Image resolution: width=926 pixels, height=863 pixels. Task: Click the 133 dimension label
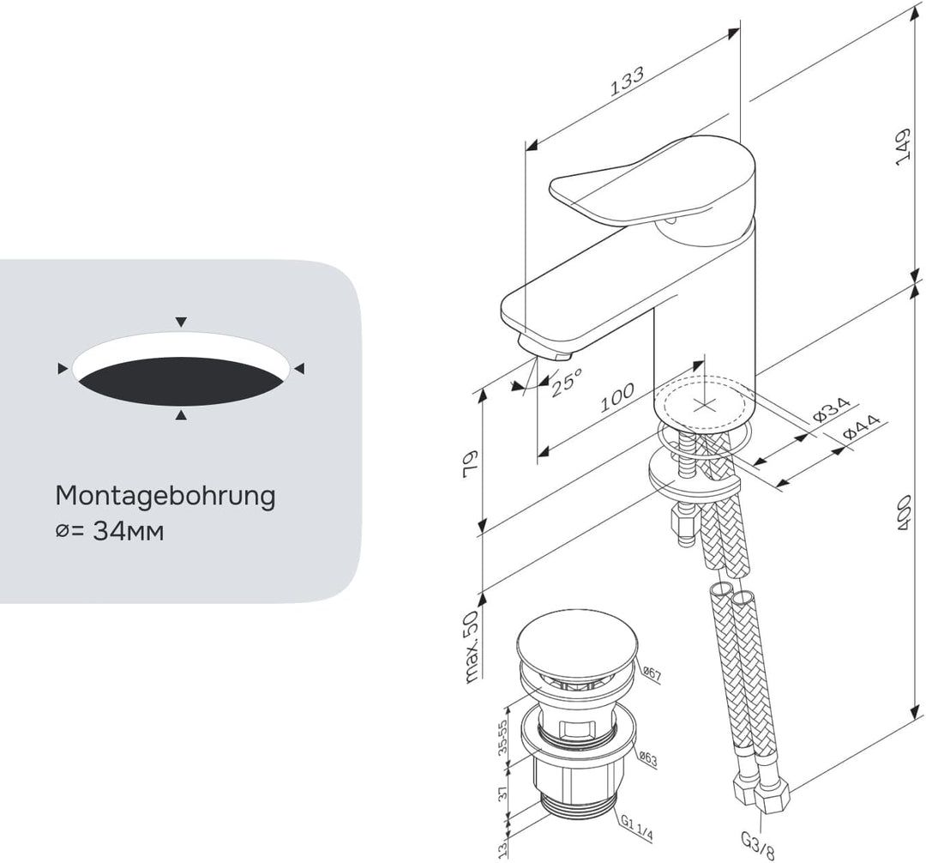pos(627,81)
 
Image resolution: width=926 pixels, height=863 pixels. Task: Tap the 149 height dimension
pos(903,148)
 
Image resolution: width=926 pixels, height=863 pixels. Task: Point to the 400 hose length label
pos(903,513)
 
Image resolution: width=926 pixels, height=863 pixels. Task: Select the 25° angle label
pos(567,381)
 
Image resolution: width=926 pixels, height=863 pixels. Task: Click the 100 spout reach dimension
pos(617,397)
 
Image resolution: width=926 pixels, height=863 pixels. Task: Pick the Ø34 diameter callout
pos(831,408)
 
